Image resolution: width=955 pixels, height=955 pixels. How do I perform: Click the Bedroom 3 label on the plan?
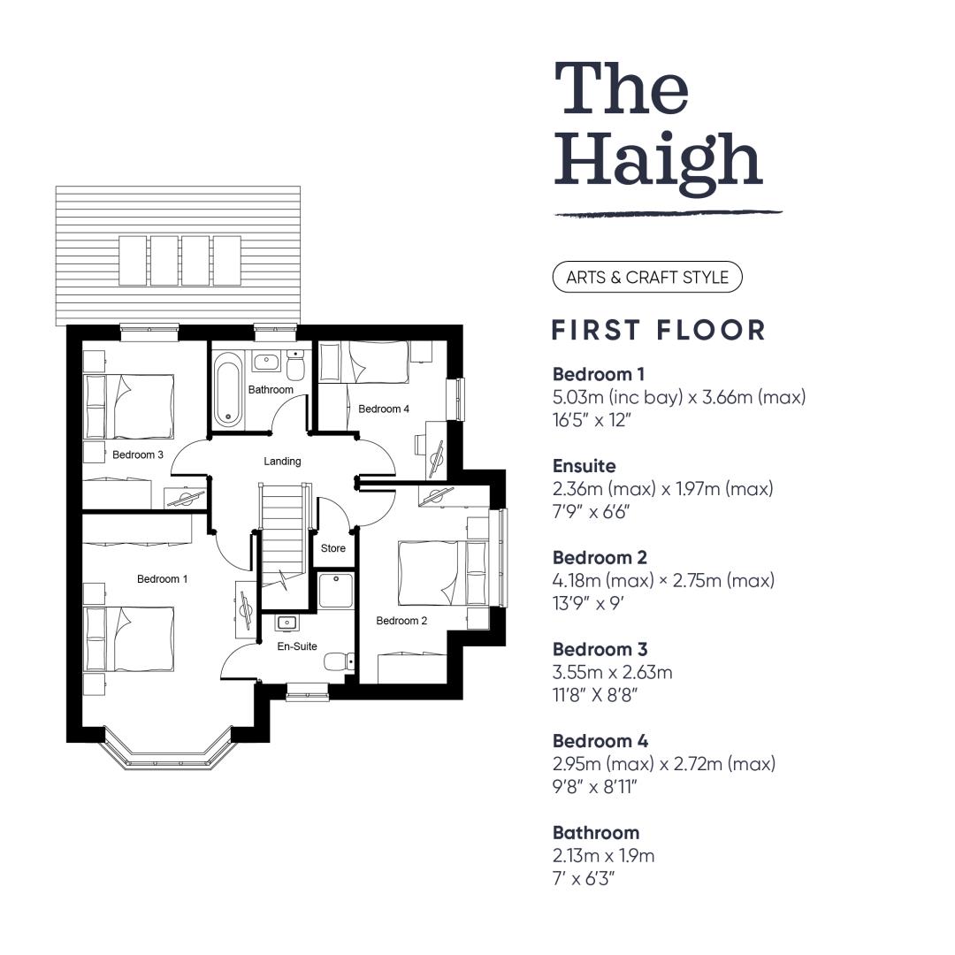pos(138,455)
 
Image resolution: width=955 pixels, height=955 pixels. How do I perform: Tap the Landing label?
pos(282,461)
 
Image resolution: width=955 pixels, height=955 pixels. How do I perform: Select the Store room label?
pos(333,548)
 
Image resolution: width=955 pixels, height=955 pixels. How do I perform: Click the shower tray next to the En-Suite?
pos(336,590)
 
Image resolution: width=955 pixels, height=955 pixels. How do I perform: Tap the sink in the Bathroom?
pos(266,361)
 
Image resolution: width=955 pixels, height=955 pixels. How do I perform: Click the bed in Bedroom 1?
pos(129,638)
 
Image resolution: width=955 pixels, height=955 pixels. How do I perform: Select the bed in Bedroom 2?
pos(443,573)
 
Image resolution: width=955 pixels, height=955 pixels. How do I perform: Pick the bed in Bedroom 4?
pos(364,362)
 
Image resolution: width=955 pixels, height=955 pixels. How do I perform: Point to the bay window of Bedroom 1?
pos(168,751)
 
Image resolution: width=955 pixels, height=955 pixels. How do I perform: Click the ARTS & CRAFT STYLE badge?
pos(647,277)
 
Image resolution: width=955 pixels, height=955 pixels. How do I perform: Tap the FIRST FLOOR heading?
pos(659,330)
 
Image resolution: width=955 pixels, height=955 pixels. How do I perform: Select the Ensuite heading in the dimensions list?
pos(584,466)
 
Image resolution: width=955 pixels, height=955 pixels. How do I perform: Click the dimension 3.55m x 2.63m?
pos(613,672)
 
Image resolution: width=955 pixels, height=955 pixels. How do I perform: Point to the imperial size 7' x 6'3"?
pos(584,879)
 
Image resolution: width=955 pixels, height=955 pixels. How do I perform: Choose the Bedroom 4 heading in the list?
pos(600,741)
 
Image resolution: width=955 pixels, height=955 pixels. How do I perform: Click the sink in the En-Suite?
pos(286,623)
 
